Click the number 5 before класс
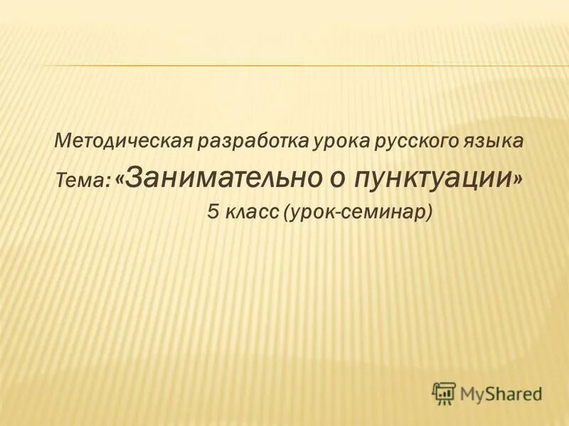pyautogui.click(x=213, y=211)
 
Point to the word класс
pyautogui.click(x=252, y=211)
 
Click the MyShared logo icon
pyautogui.click(x=444, y=392)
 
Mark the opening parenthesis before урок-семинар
pyautogui.click(x=287, y=212)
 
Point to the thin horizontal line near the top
pyautogui.click(x=284, y=66)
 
